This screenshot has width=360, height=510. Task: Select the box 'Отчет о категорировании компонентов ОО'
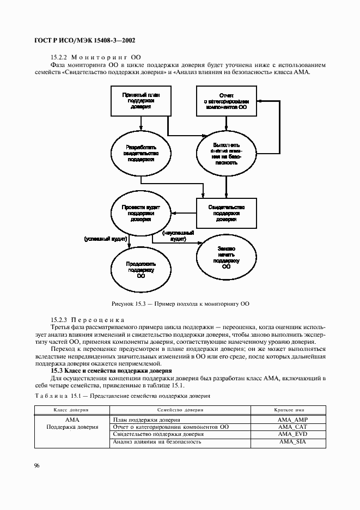click(x=226, y=101)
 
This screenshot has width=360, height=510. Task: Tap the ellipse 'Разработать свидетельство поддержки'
click(x=139, y=154)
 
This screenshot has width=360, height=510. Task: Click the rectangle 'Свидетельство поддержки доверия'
click(x=226, y=213)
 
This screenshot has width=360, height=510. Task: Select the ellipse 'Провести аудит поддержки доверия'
click(x=139, y=214)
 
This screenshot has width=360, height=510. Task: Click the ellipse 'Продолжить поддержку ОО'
click(x=140, y=270)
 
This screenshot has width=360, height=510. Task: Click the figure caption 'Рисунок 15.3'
click(x=180, y=303)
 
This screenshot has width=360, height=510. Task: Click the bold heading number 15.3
click(x=57, y=370)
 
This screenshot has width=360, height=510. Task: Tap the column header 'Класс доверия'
click(x=71, y=409)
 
